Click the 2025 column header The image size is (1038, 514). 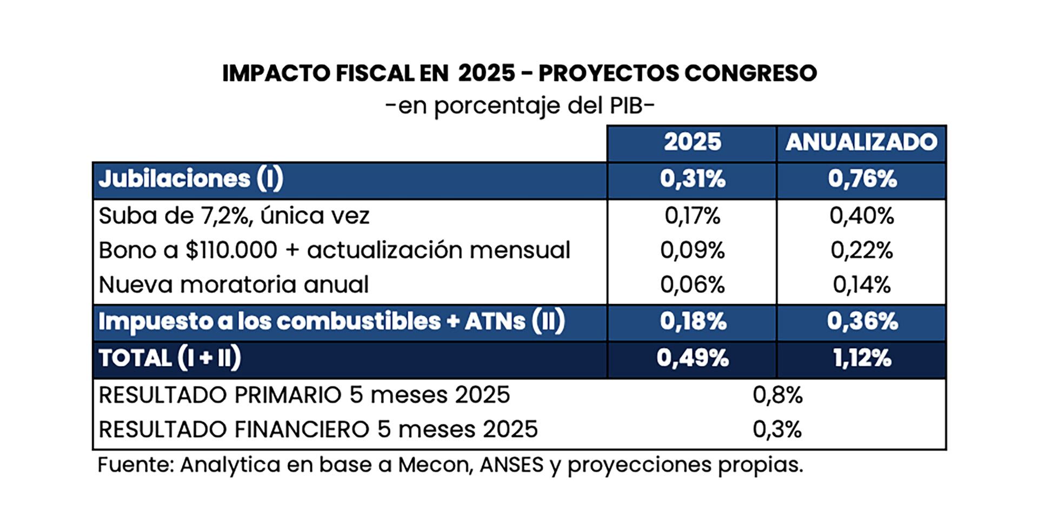[x=692, y=142]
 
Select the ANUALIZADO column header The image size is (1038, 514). [x=861, y=142]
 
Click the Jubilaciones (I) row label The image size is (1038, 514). [x=190, y=179]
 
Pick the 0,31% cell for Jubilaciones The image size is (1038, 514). [x=692, y=179]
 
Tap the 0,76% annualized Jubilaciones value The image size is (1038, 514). [x=862, y=179]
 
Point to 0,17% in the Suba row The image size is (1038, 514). [x=692, y=216]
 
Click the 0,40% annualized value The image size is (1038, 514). [x=862, y=216]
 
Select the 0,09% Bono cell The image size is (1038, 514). [x=692, y=250]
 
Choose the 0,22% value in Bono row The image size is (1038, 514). [x=862, y=250]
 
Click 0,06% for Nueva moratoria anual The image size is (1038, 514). [x=692, y=285]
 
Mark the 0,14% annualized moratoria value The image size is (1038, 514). [x=862, y=285]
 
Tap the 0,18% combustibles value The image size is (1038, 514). [x=693, y=322]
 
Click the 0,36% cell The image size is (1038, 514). [x=862, y=322]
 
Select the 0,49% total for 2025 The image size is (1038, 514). [x=693, y=358]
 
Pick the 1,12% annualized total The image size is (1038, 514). [x=862, y=358]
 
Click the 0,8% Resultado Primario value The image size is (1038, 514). [x=777, y=396]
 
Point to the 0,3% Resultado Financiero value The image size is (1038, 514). [x=777, y=430]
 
